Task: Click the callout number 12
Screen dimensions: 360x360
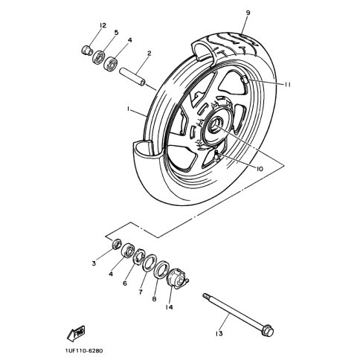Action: [x=103, y=25]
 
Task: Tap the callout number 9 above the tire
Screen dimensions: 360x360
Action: [x=248, y=13]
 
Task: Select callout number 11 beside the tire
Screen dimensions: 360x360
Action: [x=287, y=85]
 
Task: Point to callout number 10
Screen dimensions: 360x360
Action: [x=259, y=169]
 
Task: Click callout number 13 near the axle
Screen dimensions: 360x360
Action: [x=219, y=334]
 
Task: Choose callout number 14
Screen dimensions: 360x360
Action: [x=169, y=307]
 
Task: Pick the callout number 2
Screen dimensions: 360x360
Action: [x=149, y=53]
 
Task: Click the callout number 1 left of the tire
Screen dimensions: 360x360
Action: [x=128, y=109]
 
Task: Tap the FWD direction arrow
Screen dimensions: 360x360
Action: [x=76, y=333]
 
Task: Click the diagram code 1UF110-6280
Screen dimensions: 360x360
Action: [x=84, y=351]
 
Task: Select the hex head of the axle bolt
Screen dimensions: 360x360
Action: [x=268, y=330]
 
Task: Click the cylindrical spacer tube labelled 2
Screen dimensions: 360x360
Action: [x=132, y=77]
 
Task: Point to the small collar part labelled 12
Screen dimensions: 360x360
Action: [x=86, y=50]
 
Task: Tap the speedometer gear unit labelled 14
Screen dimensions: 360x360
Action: [x=177, y=278]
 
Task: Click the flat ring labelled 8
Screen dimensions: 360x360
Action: [x=161, y=269]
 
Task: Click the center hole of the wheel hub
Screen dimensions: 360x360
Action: [x=214, y=125]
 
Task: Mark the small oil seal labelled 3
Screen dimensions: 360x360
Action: [x=116, y=243]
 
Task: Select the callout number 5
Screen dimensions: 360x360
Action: [x=116, y=33]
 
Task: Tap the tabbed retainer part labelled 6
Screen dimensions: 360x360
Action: [x=139, y=256]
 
